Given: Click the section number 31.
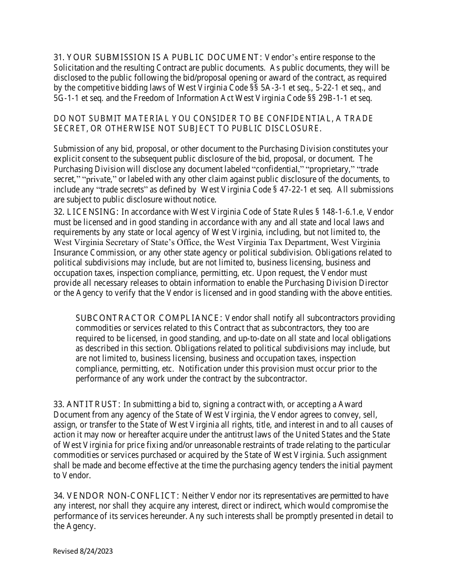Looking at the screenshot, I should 58,57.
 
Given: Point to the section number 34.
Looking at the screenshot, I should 58,496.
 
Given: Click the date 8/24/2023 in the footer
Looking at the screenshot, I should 97,551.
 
